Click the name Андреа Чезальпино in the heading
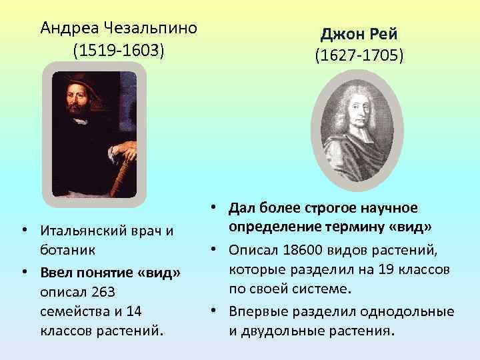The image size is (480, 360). pos(119,28)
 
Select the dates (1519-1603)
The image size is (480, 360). pos(119,51)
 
